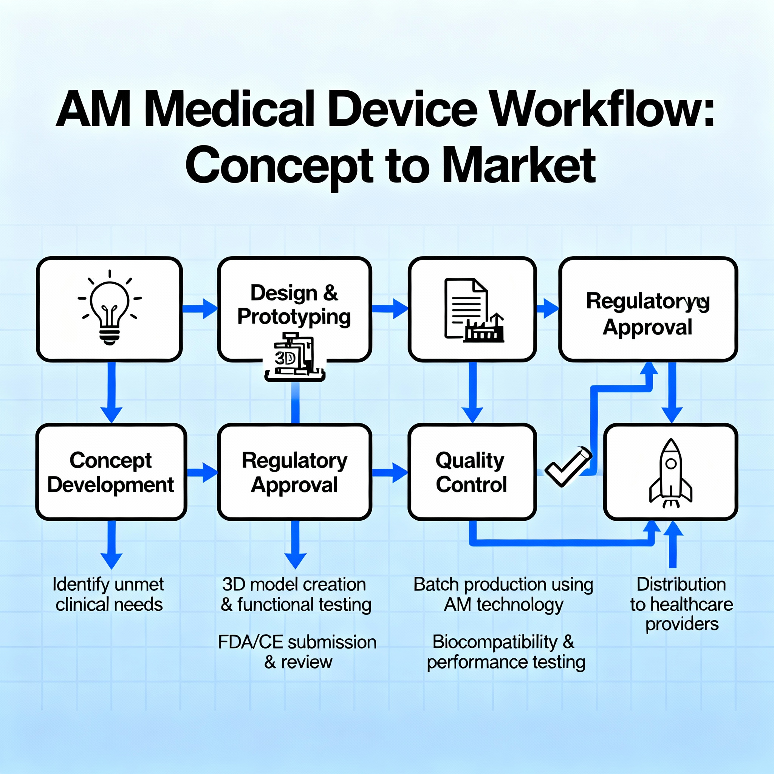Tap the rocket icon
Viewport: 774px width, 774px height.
point(671,473)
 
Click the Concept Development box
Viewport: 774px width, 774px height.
point(111,472)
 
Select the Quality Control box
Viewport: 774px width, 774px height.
point(472,472)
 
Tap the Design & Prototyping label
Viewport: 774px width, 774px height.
point(294,305)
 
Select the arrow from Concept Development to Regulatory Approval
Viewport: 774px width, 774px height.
point(203,472)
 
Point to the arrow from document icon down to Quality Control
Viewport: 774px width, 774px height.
point(473,392)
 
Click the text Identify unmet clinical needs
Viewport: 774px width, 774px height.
point(108,594)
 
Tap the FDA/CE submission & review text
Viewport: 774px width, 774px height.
point(297,652)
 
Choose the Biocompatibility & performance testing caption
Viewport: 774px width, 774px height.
point(506,652)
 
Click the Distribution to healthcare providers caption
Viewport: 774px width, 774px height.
point(681,604)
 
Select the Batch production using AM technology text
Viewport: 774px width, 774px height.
point(503,595)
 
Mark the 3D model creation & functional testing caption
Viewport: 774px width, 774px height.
point(296,595)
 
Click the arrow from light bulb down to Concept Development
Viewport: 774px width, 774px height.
point(111,392)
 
